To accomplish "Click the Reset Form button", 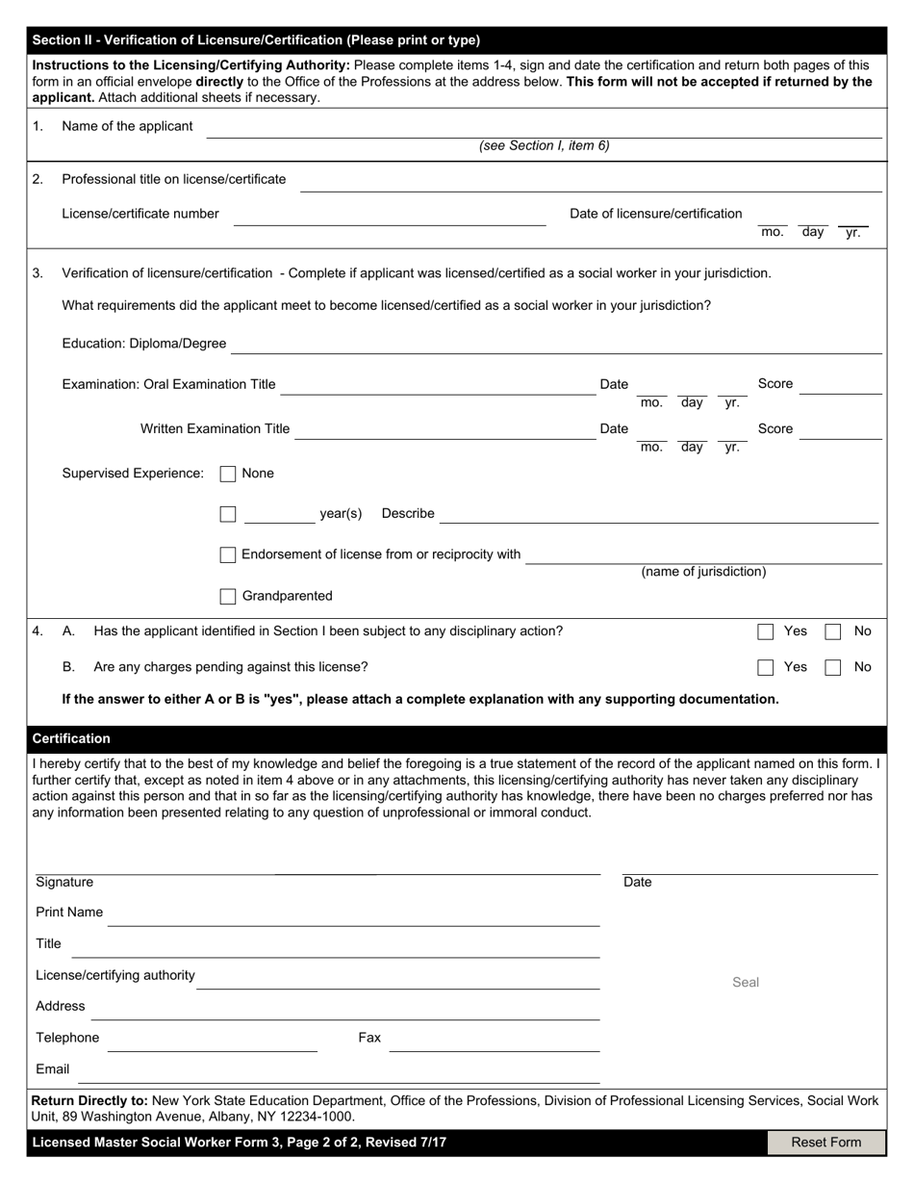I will [x=825, y=1143].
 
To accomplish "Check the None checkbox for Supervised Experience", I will [x=228, y=474].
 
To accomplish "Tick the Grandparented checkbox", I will [x=228, y=596].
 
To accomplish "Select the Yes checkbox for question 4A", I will [x=766, y=631].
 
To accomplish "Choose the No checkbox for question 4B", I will [x=833, y=667].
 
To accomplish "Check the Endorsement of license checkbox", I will [x=228, y=554].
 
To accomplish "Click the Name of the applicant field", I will [x=544, y=128].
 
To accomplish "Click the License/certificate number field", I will [x=390, y=216].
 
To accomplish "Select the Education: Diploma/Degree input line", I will [x=556, y=345].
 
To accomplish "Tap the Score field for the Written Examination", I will [x=840, y=429].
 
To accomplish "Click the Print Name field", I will [x=353, y=914].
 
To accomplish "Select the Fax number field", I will [x=494, y=1040].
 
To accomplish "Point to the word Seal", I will [x=746, y=982].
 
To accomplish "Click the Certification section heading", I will [x=71, y=738].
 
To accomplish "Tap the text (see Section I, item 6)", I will [x=544, y=146].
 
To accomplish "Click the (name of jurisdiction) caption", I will [x=703, y=572].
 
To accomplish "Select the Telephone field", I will [x=212, y=1040].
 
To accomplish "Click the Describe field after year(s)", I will [x=659, y=515].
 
